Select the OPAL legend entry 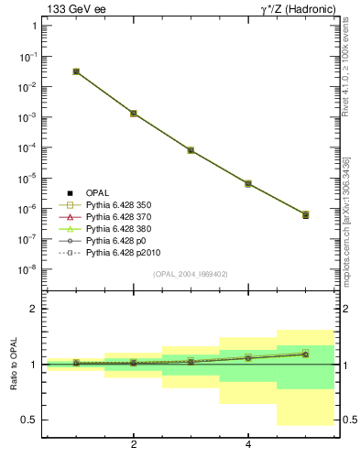coord(97,192)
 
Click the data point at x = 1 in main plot coord(76,71)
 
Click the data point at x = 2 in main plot coord(134,114)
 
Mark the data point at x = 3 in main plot coord(191,150)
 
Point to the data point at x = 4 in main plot coord(248,184)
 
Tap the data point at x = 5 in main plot coord(305,214)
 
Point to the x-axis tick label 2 coord(134,444)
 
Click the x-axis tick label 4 coord(248,444)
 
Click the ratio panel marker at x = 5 coord(305,354)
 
